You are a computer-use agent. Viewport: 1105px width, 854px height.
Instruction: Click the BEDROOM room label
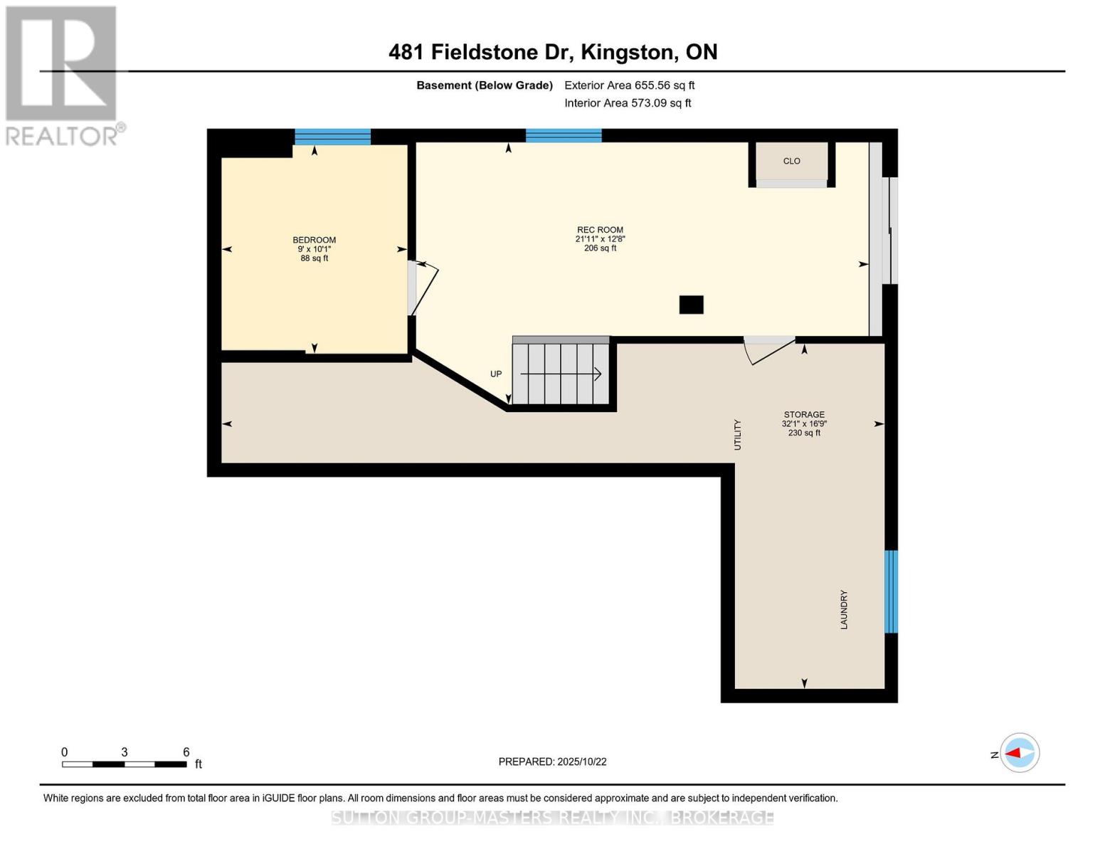click(x=314, y=240)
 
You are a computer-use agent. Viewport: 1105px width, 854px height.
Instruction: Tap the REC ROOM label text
click(x=600, y=230)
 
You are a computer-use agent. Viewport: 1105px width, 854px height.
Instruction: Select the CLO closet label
click(x=791, y=161)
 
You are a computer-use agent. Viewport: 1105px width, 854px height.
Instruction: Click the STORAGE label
click(x=804, y=414)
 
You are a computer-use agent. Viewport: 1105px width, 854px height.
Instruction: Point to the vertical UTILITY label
click(x=737, y=434)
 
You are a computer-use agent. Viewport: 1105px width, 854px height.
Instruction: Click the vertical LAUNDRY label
click(x=844, y=609)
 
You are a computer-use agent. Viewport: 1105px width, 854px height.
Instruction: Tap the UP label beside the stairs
click(x=496, y=374)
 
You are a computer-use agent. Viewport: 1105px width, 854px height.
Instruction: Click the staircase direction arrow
click(x=561, y=374)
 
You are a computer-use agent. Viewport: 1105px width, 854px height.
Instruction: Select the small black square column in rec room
click(x=691, y=305)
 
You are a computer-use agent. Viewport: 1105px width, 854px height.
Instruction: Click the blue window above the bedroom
click(x=332, y=137)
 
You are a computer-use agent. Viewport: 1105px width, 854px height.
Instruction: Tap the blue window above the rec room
click(x=564, y=136)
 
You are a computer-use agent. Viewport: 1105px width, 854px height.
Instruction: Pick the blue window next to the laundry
click(x=891, y=591)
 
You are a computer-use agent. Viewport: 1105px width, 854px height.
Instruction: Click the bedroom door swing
click(x=423, y=288)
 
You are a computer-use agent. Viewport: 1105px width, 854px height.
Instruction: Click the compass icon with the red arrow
click(x=1020, y=752)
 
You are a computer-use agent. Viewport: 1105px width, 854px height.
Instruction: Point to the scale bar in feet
click(x=125, y=764)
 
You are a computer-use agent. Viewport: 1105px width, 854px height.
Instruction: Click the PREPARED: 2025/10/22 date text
click(x=552, y=761)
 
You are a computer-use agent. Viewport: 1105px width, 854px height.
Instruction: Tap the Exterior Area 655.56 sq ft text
click(x=629, y=85)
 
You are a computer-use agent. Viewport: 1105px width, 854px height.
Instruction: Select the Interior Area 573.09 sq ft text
click(x=628, y=103)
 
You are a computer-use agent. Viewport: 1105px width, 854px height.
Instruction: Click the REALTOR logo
click(x=62, y=75)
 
